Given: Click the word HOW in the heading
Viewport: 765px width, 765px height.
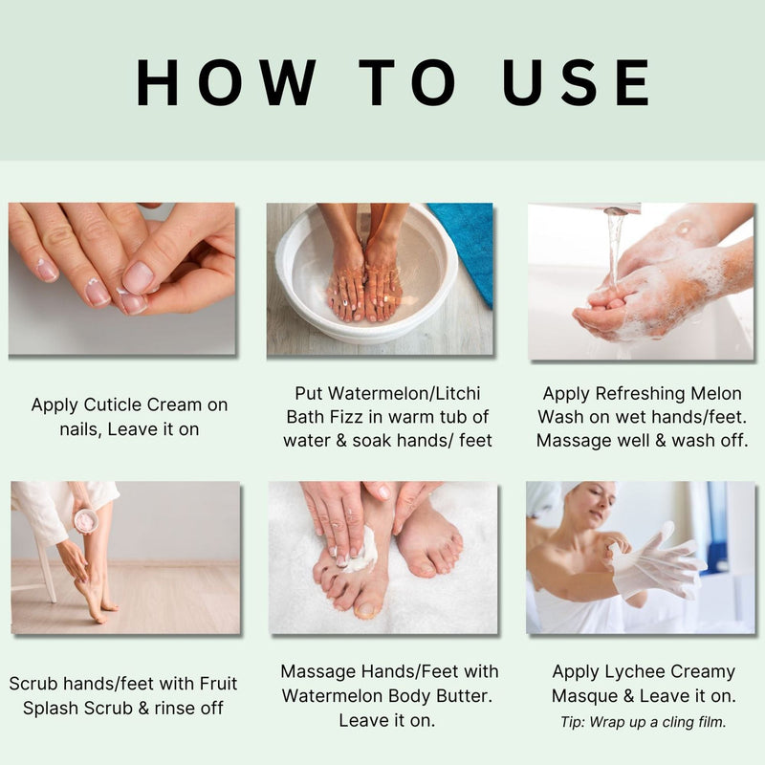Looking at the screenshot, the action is tap(227, 82).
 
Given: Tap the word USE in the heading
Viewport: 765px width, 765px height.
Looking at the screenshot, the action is tap(577, 82).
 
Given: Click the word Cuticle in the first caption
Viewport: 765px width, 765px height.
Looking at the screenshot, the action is tap(113, 404).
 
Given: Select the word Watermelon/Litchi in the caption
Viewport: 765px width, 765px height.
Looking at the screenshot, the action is tap(388, 393).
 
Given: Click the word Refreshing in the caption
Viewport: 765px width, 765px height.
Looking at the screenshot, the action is tap(641, 393).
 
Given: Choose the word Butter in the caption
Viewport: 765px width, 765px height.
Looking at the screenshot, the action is tap(463, 695).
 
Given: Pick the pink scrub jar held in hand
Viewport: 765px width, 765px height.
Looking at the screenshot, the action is tap(86, 520).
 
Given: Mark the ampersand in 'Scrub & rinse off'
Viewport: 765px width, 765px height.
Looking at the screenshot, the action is tap(143, 708).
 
